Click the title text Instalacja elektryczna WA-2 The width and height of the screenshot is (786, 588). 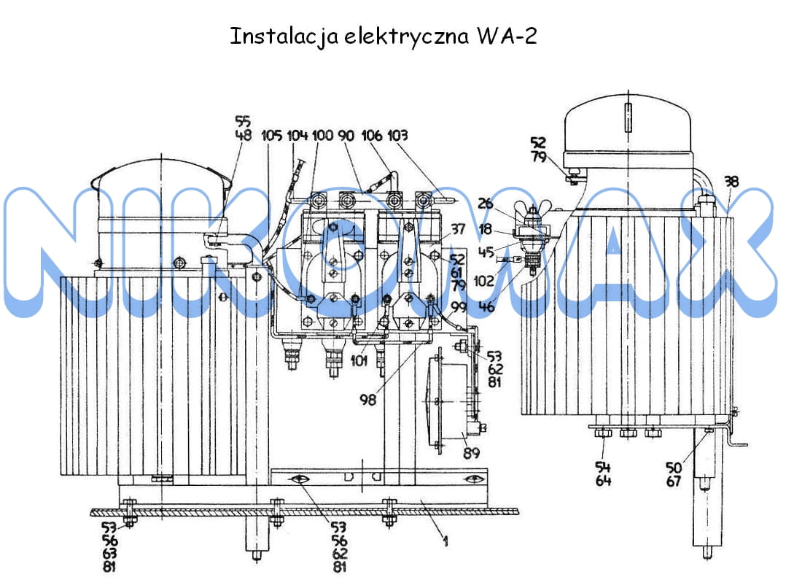click(384, 36)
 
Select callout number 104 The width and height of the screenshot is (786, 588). click(297, 136)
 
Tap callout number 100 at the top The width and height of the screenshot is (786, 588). click(322, 136)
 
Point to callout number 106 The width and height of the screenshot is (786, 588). click(371, 136)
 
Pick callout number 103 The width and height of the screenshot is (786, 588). click(398, 136)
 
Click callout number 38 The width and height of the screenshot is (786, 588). click(731, 182)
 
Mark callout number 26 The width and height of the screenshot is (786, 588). click(486, 203)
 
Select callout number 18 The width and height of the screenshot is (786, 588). click(486, 229)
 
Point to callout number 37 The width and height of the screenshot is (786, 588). click(458, 230)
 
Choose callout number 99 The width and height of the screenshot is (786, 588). click(458, 306)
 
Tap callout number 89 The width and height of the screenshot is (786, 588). click(472, 453)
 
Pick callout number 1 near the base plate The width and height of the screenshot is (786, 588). click(444, 541)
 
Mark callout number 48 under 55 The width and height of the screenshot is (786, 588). click(244, 136)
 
